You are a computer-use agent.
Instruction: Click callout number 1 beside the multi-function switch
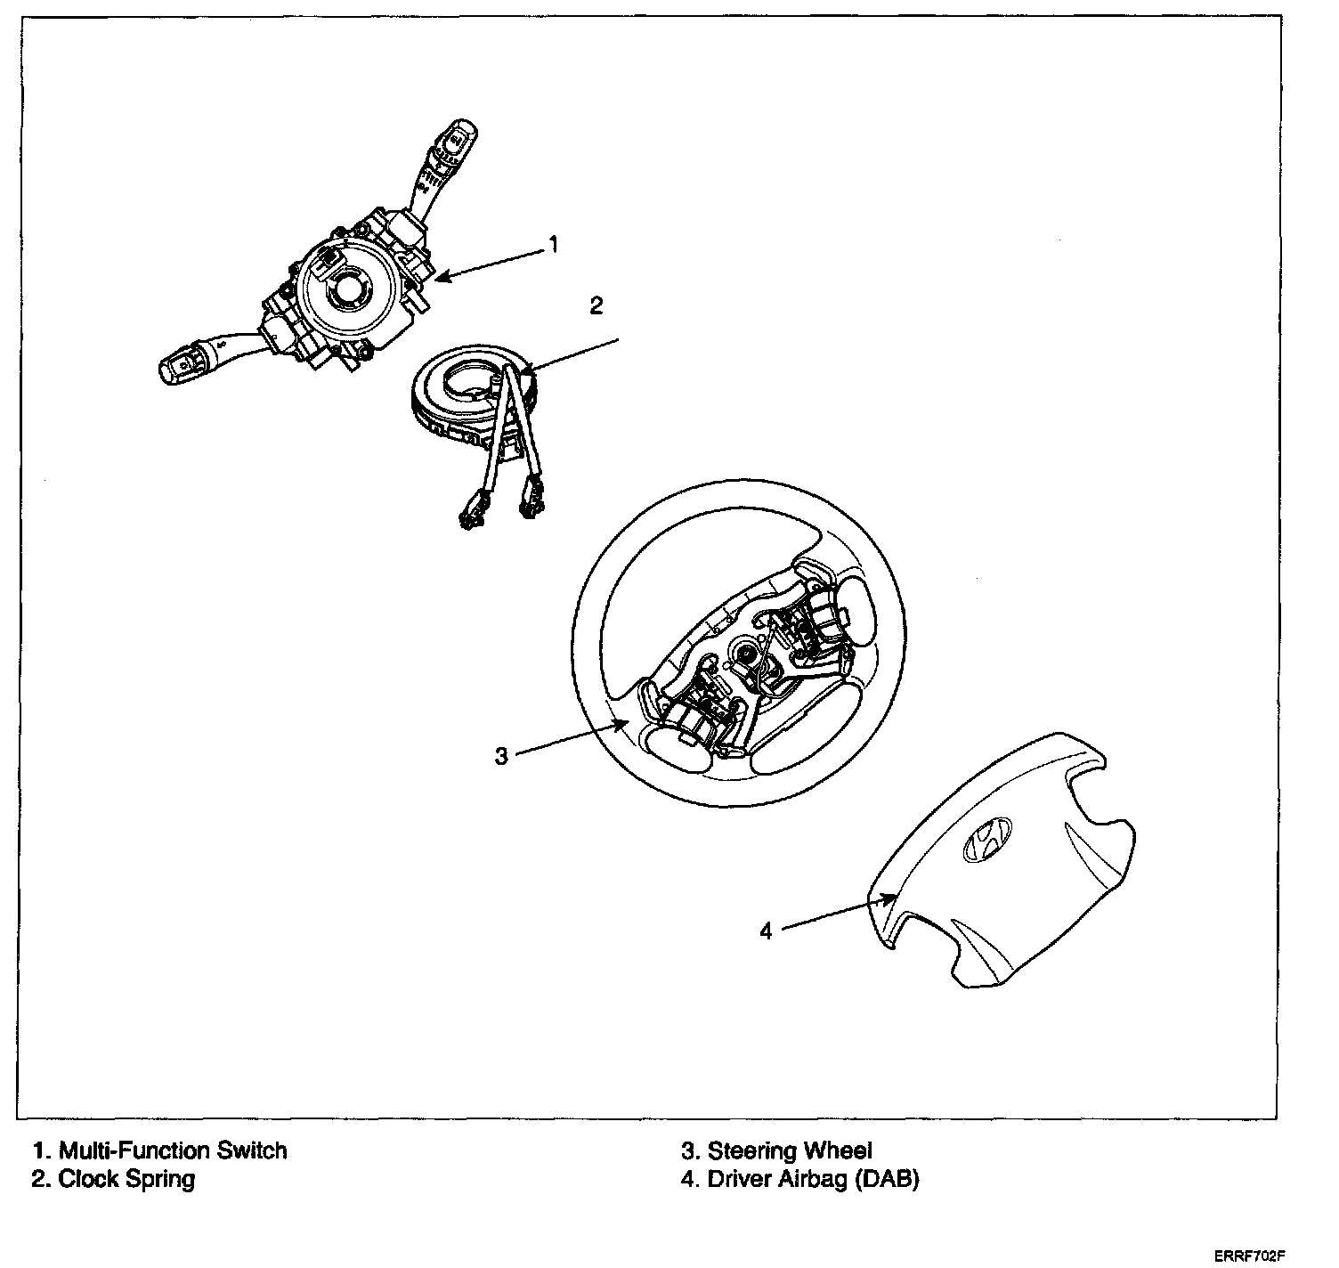coord(553,244)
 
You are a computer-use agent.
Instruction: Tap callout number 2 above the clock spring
coord(596,305)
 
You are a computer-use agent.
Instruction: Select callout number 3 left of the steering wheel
coord(501,756)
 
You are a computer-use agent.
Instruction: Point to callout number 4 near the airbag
coord(767,931)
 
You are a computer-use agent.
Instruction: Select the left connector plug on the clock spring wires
coord(471,516)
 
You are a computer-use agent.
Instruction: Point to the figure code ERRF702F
coord(1250,1256)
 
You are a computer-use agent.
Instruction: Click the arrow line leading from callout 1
coord(490,264)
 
